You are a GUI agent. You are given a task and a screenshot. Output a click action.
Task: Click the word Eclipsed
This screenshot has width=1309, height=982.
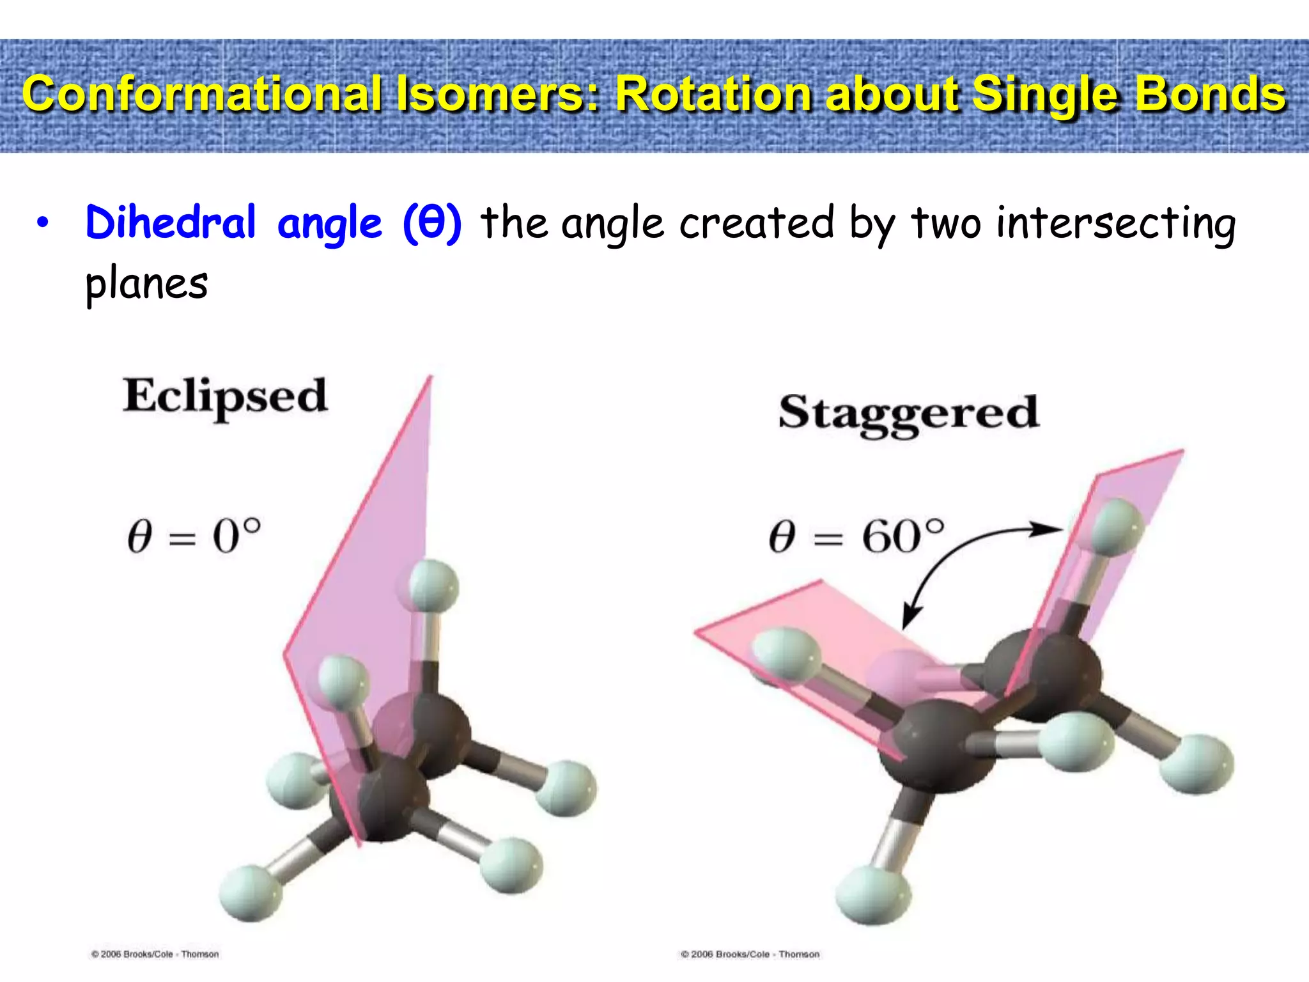click(225, 396)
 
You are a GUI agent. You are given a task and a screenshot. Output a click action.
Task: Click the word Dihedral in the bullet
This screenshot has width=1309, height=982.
click(171, 223)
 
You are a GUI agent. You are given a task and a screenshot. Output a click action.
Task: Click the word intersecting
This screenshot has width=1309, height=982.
click(1116, 223)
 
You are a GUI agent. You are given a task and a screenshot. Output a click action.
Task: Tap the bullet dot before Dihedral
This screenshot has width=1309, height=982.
click(42, 223)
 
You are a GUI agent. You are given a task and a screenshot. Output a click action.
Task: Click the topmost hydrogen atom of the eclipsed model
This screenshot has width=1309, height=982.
click(433, 585)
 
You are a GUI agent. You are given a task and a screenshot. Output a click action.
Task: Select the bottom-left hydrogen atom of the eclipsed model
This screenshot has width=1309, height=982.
click(251, 892)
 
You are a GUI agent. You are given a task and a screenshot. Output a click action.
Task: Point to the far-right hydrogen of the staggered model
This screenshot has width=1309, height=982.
click(1196, 763)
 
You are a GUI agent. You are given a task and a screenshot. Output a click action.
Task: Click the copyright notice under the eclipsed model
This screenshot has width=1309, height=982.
click(155, 954)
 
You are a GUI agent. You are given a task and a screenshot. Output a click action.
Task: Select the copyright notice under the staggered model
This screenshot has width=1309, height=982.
click(750, 954)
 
